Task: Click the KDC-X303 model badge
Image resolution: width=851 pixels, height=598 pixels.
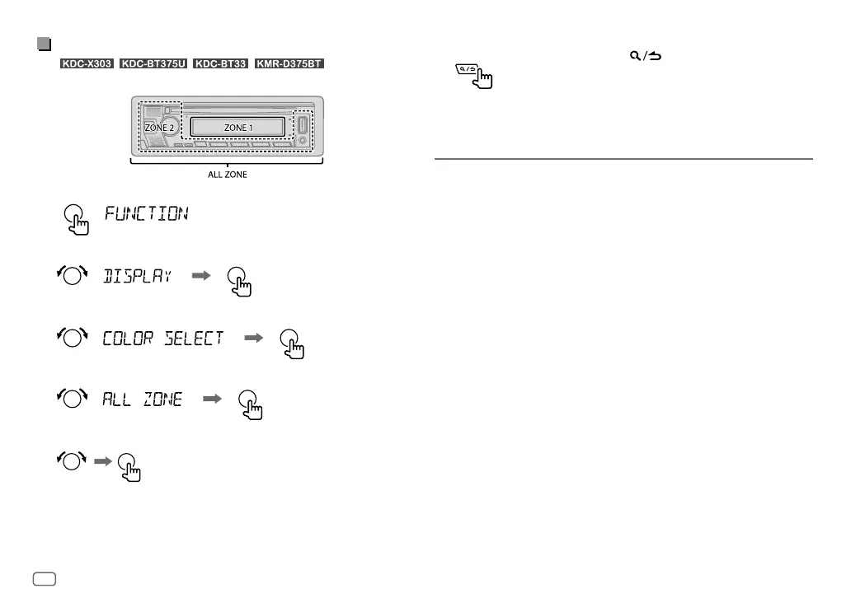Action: click(87, 63)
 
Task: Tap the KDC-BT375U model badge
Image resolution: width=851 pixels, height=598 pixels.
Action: click(154, 63)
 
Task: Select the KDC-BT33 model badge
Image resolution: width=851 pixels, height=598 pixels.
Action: click(221, 63)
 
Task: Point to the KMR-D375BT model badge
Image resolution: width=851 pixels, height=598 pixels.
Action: click(289, 63)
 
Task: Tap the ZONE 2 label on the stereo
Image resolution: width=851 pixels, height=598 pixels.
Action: click(159, 128)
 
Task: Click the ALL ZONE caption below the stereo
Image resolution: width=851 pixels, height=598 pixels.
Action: click(227, 175)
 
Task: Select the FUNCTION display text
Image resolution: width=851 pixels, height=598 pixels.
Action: click(147, 214)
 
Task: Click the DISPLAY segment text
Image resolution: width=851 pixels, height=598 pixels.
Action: click(137, 277)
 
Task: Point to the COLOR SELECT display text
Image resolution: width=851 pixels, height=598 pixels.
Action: click(162, 339)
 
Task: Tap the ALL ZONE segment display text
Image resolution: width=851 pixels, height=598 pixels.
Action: click(142, 399)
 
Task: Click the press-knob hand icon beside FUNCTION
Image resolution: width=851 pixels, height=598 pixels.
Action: click(76, 219)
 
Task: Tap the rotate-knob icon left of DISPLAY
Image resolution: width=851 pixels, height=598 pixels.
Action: click(72, 278)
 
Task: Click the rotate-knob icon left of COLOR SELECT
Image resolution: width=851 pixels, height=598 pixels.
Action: click(72, 339)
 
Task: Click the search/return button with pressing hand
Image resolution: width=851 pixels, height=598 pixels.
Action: click(470, 76)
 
